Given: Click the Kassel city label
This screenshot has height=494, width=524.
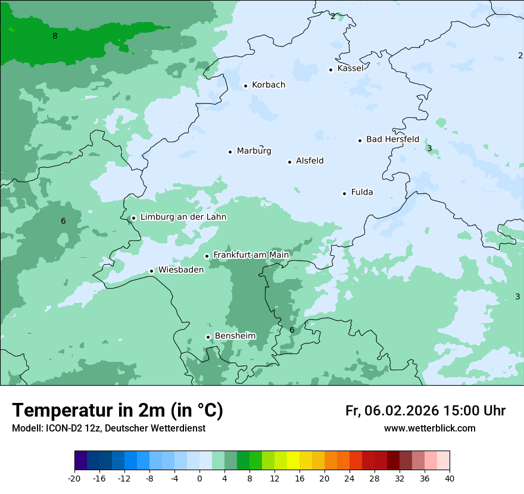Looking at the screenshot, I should (350, 68).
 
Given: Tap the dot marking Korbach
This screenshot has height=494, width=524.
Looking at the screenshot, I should (245, 86).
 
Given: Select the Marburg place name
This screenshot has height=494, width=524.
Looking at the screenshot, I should (254, 151).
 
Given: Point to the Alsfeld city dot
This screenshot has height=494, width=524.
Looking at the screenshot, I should (290, 162).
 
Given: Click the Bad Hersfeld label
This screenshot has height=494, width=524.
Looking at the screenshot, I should (392, 139).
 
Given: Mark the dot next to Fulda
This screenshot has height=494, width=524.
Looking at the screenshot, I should (344, 193).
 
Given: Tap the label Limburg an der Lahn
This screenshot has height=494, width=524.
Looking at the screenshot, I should (183, 217).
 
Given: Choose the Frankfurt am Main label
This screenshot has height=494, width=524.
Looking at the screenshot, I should (251, 255).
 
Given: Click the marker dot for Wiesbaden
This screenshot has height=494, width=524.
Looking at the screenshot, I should (152, 271).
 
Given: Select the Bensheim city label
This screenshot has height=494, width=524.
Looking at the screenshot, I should (235, 336).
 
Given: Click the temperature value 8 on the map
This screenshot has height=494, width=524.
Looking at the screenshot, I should (55, 36).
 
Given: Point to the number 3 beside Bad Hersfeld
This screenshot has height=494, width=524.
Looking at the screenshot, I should (429, 148).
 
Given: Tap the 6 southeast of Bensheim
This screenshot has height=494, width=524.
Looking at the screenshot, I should (292, 330).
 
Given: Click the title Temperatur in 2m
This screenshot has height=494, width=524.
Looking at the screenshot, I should (117, 411).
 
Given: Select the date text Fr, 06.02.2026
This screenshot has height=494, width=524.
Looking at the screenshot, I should (392, 411).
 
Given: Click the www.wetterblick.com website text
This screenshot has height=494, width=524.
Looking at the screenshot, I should (429, 429).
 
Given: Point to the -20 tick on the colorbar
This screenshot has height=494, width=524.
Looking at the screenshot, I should (74, 478).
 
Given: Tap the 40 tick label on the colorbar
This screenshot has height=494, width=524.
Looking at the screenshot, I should (449, 478).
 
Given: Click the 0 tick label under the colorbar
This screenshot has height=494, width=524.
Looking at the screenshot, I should (199, 478).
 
